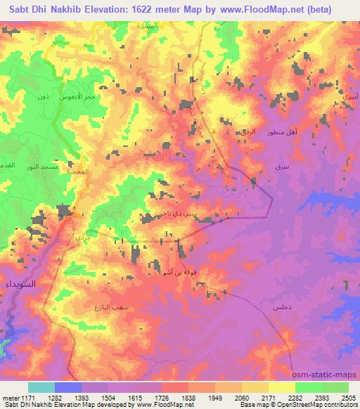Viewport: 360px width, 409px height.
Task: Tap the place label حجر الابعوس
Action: tap(90, 96)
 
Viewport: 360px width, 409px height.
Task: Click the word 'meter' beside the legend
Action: tap(8, 397)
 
